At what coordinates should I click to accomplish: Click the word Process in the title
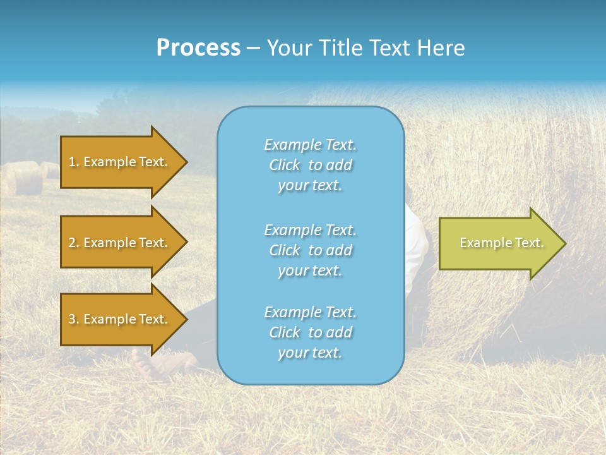point(198,48)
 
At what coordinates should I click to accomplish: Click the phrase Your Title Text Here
point(365,48)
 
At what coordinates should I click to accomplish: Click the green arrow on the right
point(499,243)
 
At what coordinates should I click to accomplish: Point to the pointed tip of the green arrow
point(563,243)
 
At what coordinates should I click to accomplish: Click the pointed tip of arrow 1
point(185,162)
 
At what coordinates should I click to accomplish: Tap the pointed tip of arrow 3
point(185,319)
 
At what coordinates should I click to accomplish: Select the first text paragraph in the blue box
point(310,165)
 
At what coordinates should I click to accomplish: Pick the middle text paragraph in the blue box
point(310,250)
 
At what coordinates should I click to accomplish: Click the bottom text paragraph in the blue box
point(310,332)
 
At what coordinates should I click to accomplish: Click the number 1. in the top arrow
point(74,162)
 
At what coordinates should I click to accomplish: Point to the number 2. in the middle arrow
point(74,243)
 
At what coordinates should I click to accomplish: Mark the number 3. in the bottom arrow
point(74,319)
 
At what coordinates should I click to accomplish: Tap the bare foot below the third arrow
point(151,365)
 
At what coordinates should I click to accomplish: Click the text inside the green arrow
point(501,243)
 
